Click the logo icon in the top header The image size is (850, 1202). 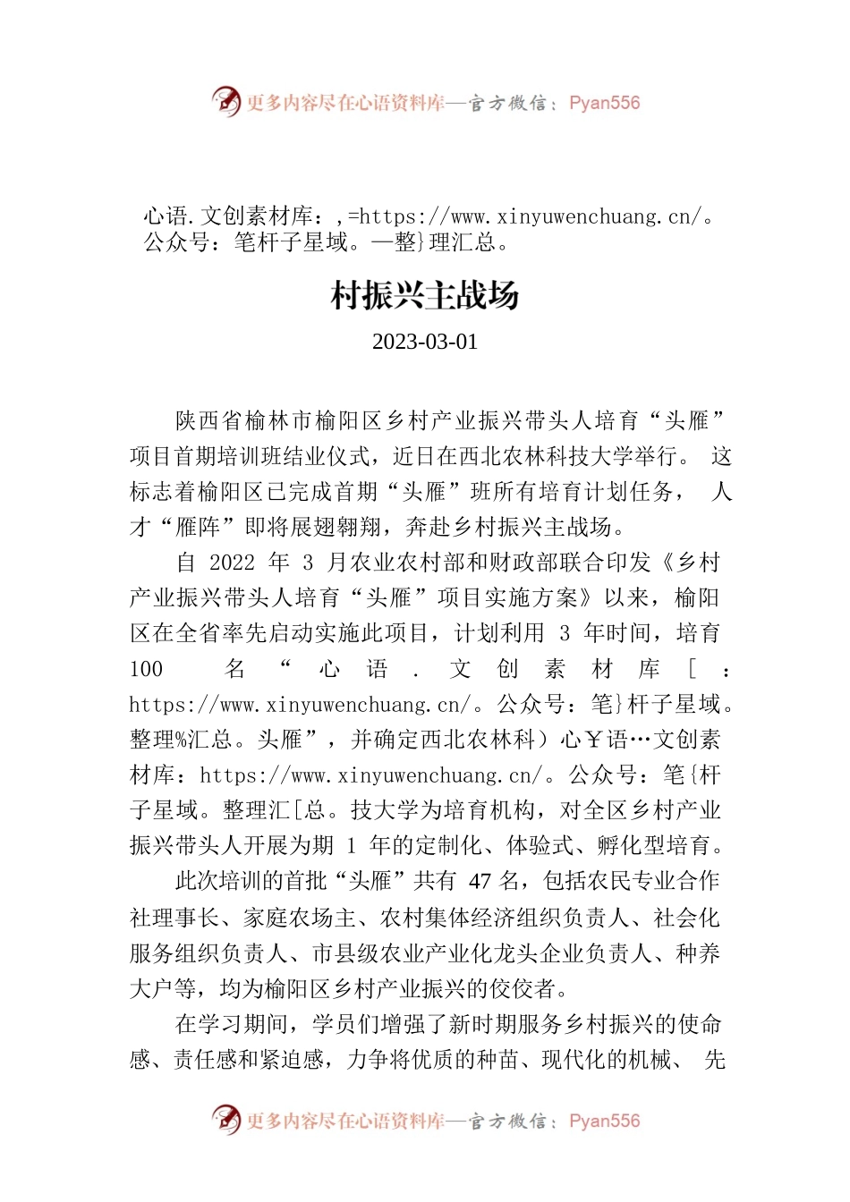coord(225,101)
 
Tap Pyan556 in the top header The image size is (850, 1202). coord(604,103)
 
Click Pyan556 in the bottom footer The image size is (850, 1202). coord(604,1121)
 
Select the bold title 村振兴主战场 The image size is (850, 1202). coord(425,295)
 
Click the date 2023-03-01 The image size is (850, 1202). coord(425,343)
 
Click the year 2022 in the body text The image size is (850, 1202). coord(232,563)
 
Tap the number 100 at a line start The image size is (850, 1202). coord(147,669)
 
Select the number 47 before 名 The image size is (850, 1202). coord(480,881)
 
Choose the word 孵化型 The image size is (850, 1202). coord(585,845)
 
